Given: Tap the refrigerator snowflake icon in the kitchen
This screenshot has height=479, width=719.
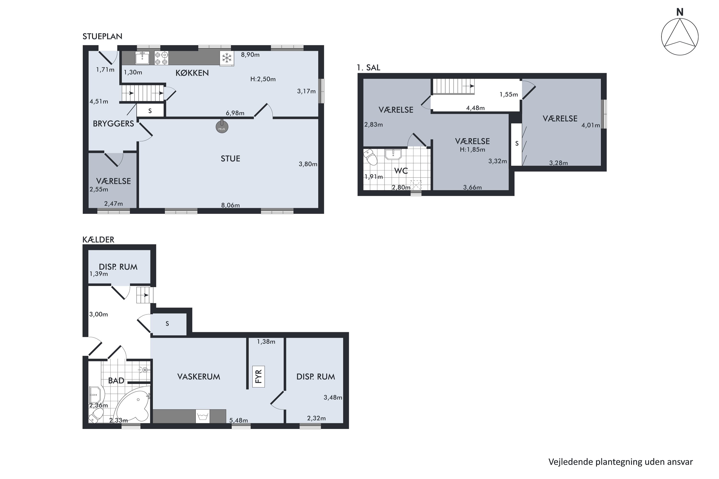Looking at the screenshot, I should coord(226,58).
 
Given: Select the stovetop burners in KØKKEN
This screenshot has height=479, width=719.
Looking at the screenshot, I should coord(161,58).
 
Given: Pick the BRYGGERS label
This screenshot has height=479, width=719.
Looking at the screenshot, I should coord(113,124).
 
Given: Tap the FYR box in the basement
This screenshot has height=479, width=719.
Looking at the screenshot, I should coord(258,377).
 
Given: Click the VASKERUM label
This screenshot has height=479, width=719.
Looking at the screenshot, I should coord(199,377).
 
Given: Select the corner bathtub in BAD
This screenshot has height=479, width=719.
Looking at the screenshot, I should coord(134,406).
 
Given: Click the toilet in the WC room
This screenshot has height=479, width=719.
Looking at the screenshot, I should coord(371,157).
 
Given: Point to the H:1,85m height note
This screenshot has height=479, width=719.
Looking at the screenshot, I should coord(472,150).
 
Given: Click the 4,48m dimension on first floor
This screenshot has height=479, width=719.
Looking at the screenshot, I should coord(475,108).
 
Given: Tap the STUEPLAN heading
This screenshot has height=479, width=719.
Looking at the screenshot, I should coord(102,36).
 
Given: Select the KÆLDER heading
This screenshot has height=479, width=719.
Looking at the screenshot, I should coord(98,239).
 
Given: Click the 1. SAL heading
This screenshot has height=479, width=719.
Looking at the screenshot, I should coord(368,68).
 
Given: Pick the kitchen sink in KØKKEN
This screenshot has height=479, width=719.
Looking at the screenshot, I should coord(142,58).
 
